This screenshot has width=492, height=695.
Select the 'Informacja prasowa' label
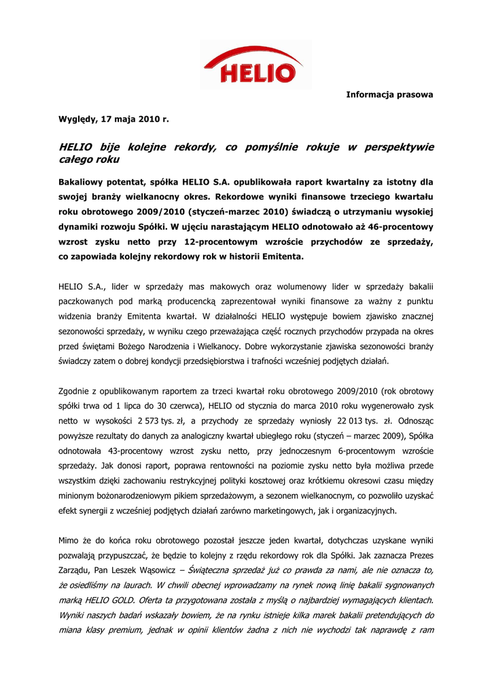389,94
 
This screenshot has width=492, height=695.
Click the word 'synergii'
92,510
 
